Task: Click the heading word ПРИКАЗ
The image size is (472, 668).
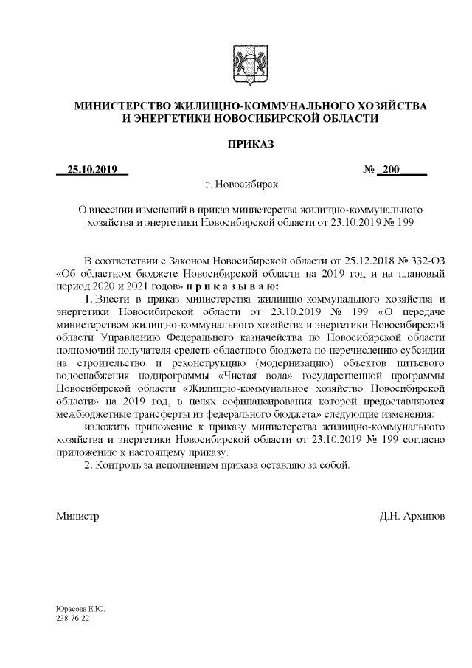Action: tap(250, 145)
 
